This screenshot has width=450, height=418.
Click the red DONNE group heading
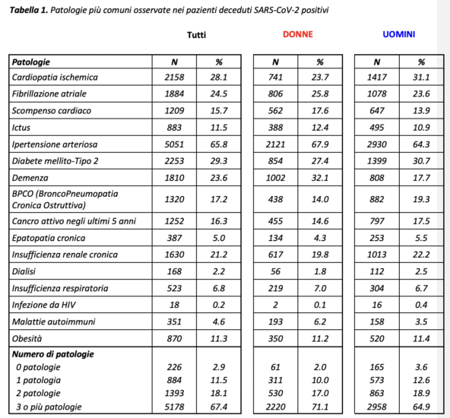point(297,35)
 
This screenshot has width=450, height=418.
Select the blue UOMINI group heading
point(399,35)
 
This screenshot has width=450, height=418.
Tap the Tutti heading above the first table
point(197,35)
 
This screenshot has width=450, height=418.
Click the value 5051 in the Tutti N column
point(175,144)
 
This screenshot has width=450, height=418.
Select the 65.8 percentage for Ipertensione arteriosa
point(219,144)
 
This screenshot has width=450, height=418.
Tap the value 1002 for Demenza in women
point(275,177)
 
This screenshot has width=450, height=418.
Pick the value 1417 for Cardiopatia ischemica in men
point(377,78)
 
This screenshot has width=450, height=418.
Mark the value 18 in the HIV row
point(175,304)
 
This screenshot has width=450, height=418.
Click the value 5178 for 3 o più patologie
point(175,408)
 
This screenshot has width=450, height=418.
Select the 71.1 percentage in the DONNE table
point(319,408)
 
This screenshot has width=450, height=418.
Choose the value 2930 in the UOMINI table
point(377,144)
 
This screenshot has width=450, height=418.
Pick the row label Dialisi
point(25,271)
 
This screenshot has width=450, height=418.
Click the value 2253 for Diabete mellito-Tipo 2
point(175,160)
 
